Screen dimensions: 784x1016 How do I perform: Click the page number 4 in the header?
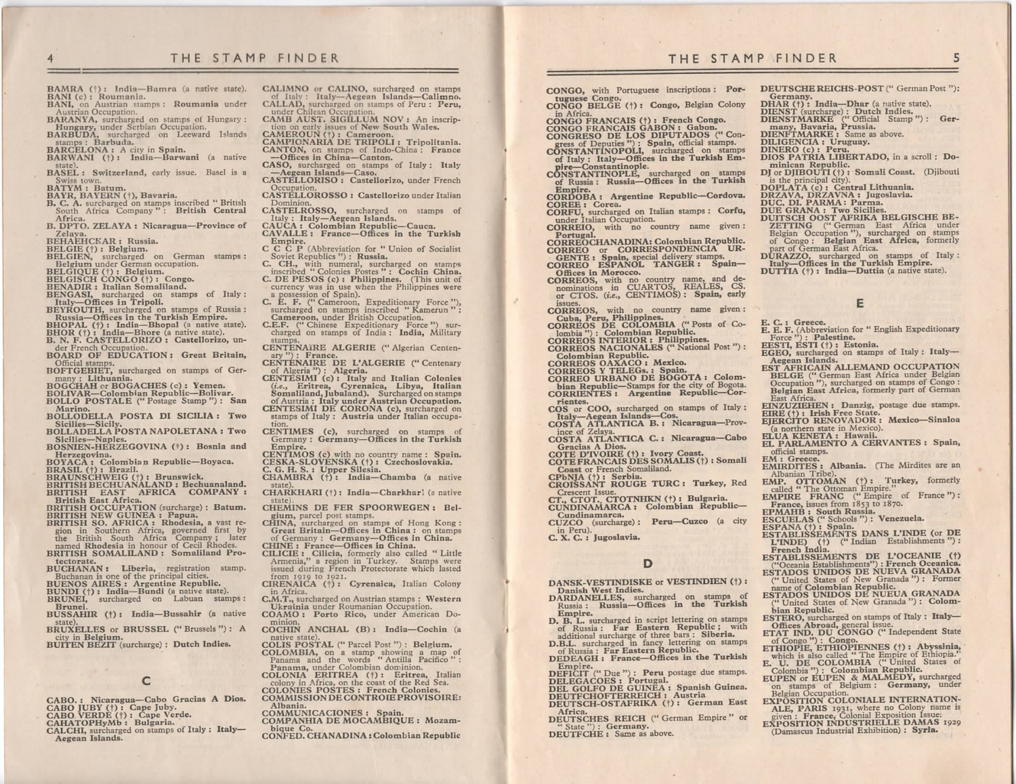click(50, 58)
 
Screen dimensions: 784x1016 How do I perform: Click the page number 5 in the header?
click(956, 58)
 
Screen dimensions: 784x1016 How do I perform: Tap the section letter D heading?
click(648, 562)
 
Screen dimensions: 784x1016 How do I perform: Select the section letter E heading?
click(860, 303)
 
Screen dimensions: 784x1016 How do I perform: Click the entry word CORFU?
click(566, 211)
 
